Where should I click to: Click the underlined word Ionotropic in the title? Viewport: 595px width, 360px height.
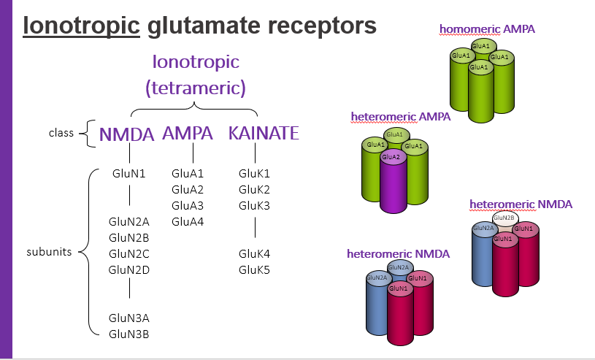(82, 26)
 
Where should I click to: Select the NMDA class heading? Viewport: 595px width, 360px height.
(128, 135)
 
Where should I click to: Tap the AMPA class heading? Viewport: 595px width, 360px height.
(188, 134)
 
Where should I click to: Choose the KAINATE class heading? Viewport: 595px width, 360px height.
(264, 134)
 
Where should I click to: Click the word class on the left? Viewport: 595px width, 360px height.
(61, 134)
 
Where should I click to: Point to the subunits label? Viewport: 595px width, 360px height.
(49, 252)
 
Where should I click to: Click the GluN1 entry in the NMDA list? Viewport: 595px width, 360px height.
(129, 174)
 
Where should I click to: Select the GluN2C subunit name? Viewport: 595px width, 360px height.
(129, 254)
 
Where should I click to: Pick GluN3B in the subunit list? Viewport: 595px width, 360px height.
(129, 334)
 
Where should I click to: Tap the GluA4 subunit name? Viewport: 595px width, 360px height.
(188, 222)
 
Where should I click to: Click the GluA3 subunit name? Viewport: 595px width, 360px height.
(188, 206)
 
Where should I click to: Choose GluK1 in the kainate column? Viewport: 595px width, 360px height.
(254, 174)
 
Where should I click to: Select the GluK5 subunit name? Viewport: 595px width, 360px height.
(254, 270)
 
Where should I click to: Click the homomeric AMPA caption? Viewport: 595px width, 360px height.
(477, 29)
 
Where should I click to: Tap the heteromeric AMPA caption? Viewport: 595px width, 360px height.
(400, 116)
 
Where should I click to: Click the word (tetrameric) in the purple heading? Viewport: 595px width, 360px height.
(195, 88)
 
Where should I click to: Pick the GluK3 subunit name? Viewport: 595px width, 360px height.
(254, 206)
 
